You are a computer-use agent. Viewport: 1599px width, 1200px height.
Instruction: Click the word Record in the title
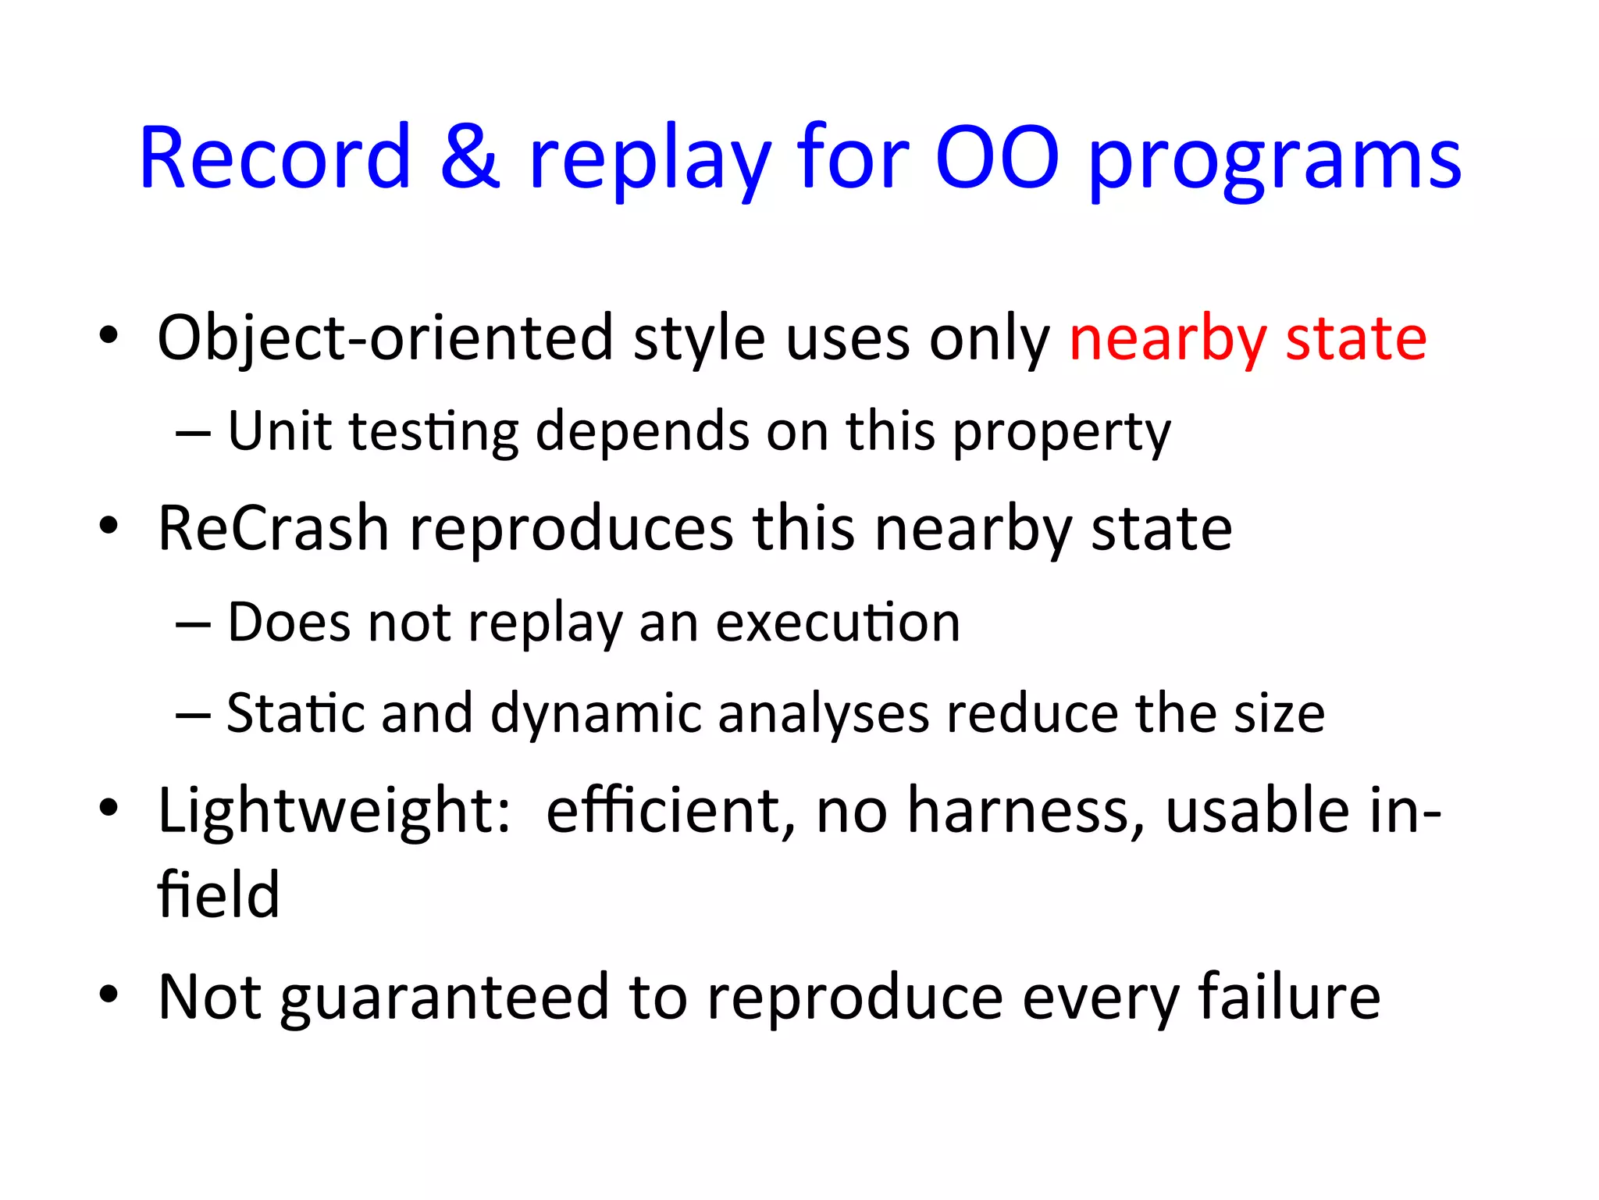pyautogui.click(x=275, y=159)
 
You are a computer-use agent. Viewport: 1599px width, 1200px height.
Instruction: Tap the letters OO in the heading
pyautogui.click(x=997, y=159)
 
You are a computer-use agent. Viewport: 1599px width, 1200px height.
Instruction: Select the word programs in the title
pyautogui.click(x=1274, y=164)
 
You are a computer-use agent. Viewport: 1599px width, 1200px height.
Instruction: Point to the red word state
pyautogui.click(x=1356, y=339)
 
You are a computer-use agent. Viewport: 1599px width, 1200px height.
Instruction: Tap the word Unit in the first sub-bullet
pyautogui.click(x=279, y=431)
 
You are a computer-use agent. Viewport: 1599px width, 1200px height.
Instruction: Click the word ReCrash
pyautogui.click(x=273, y=529)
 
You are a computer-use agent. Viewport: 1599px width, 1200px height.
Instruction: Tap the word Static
pyautogui.click(x=295, y=713)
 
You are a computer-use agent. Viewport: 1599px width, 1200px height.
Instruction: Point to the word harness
pyautogui.click(x=1025, y=812)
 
